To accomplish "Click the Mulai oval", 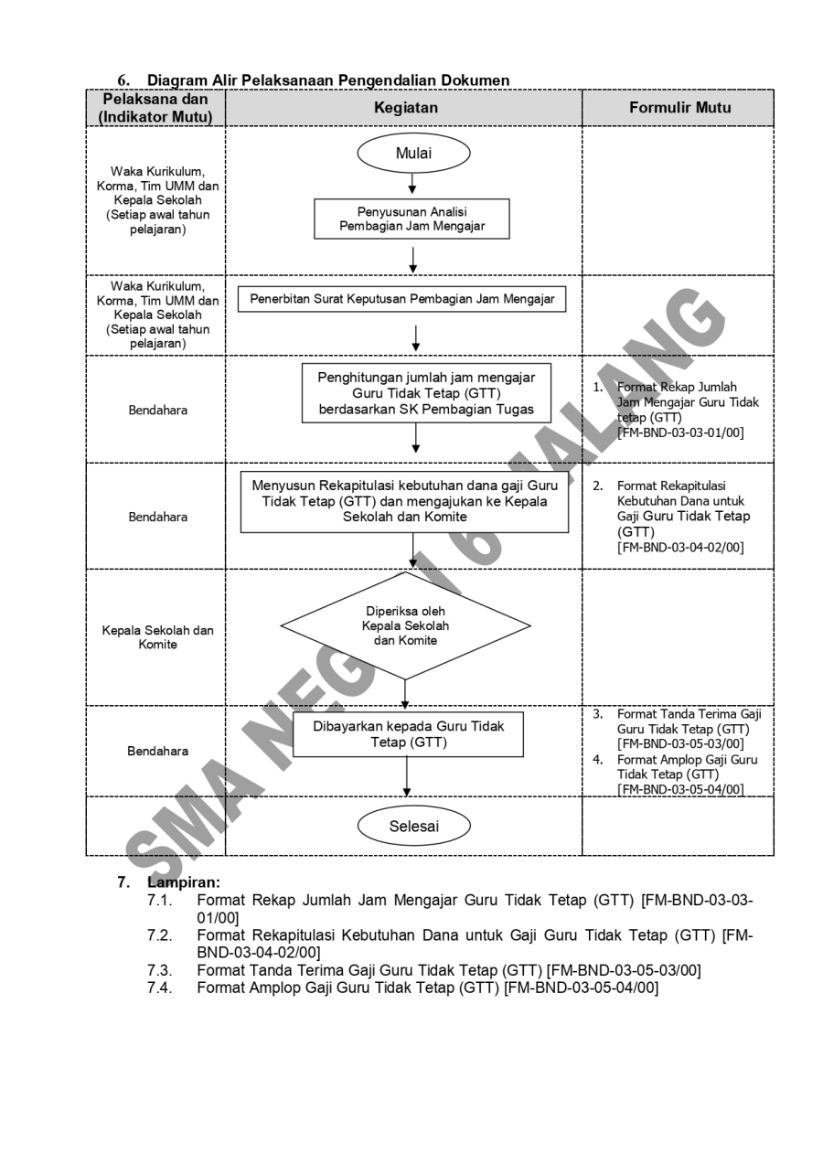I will pos(413,154).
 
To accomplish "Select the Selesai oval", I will pos(413,827).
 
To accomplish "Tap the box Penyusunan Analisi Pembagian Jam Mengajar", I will pos(411,219).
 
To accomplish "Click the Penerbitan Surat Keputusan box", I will pos(402,299).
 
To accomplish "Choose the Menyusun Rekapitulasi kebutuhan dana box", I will pos(405,501).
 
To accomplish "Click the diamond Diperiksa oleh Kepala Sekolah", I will pos(405,626).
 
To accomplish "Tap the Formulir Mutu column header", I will pos(679,108).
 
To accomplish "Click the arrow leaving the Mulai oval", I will pos(413,183).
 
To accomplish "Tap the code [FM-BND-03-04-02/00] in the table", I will pos(679,547).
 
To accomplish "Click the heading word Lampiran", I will pos(183,883).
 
